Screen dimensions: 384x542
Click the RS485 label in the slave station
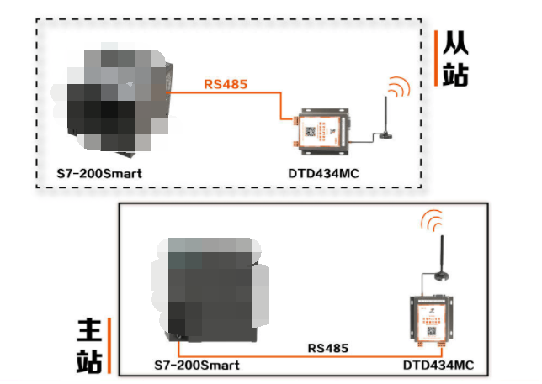tap(225, 84)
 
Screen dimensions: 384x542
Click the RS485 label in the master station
tap(327, 347)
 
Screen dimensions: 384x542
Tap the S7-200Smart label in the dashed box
tap(99, 174)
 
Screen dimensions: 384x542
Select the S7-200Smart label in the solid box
tap(197, 366)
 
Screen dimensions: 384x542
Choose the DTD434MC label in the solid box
tap(438, 366)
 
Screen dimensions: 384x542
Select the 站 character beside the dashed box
tap(455, 75)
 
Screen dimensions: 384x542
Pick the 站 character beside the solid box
tap(90, 360)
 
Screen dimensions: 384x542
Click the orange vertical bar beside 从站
tap(435, 59)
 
